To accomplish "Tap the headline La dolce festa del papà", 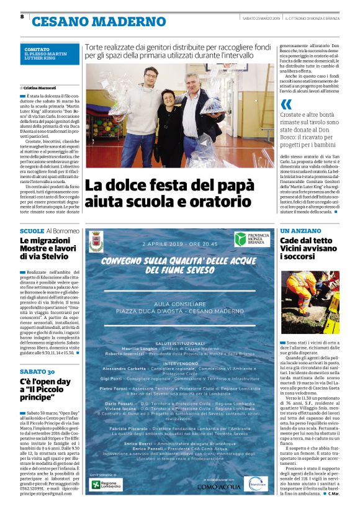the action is (169, 192).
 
